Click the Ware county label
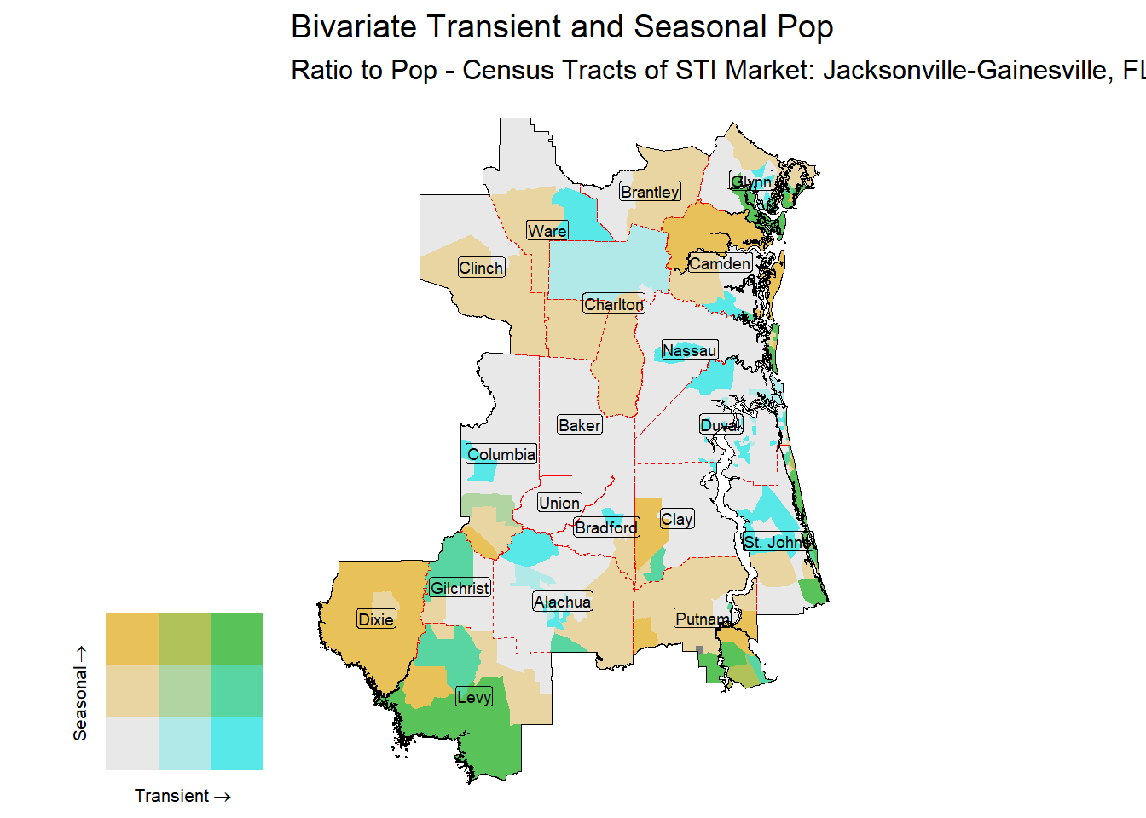pyautogui.click(x=547, y=231)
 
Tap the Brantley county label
pyautogui.click(x=650, y=192)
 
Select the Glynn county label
pyautogui.click(x=751, y=181)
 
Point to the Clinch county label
pyautogui.click(x=481, y=268)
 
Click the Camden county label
pyautogui.click(x=720, y=263)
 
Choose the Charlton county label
pyautogui.click(x=614, y=304)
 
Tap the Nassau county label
pyautogui.click(x=689, y=350)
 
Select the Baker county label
pyautogui.click(x=580, y=425)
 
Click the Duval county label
pyautogui.click(x=721, y=425)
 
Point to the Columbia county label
pyautogui.click(x=501, y=454)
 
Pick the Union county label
pyautogui.click(x=559, y=503)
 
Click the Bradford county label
pyautogui.click(x=606, y=527)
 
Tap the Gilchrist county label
pyautogui.click(x=460, y=588)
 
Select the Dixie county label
pyautogui.click(x=376, y=619)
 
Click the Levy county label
pyautogui.click(x=474, y=697)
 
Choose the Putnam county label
pyautogui.click(x=703, y=619)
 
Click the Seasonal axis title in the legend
pyautogui.click(x=80, y=692)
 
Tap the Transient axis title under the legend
pyautogui.click(x=182, y=796)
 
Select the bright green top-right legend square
pyautogui.click(x=237, y=638)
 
